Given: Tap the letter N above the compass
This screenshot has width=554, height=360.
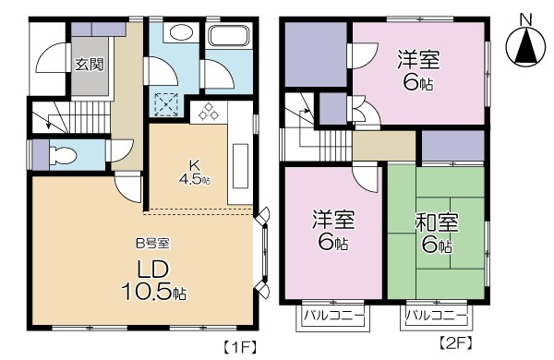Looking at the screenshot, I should [x=524, y=18].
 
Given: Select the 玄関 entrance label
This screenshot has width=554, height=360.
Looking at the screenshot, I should [x=90, y=64].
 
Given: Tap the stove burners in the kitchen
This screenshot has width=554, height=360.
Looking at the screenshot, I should [x=206, y=113].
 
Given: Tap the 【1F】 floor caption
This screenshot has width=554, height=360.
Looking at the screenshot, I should [x=235, y=347].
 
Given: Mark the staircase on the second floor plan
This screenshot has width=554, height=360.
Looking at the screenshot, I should [x=303, y=129].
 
